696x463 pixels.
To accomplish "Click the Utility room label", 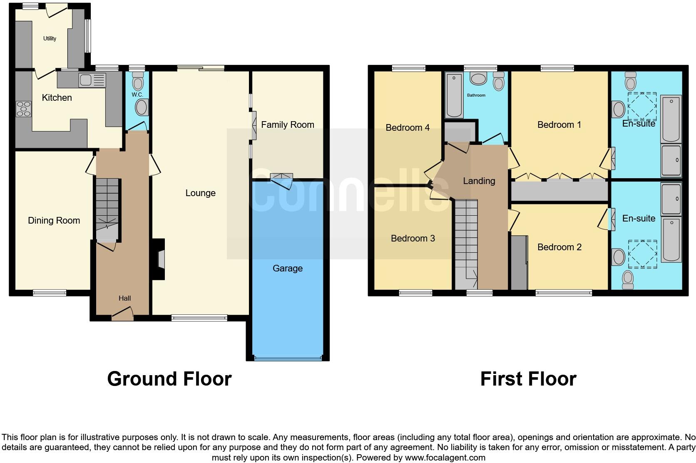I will click(50, 39).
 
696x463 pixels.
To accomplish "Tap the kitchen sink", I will click(89, 80).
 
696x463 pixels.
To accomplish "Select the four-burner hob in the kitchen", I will click(24, 109).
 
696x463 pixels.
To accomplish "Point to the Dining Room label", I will click(54, 221).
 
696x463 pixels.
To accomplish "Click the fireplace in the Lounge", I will click(160, 259).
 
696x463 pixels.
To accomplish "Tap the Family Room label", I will click(287, 124).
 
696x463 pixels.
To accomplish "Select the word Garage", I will click(287, 269).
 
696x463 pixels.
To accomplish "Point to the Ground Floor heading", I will click(169, 379).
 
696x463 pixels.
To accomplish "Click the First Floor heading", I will click(528, 379).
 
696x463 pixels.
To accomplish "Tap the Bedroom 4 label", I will click(408, 127).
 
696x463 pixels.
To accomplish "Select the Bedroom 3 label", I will click(413, 238).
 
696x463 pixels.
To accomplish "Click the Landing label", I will click(479, 181).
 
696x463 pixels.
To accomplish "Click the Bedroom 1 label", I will click(559, 124).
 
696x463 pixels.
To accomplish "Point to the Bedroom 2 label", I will click(559, 247).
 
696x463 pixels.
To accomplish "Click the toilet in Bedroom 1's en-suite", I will click(630, 81).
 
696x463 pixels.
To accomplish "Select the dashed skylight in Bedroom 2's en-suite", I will click(642, 254).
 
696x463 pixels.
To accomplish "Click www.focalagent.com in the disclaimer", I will click(445, 458).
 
